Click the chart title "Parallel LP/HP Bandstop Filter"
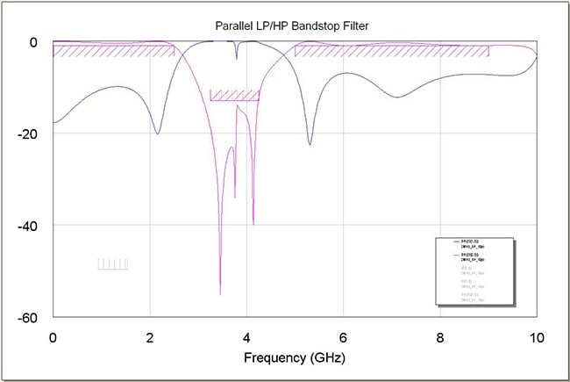click(x=294, y=25)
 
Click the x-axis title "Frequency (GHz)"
click(x=294, y=357)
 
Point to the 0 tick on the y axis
click(x=32, y=42)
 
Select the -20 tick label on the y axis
click(x=28, y=133)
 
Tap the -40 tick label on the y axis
click(x=28, y=225)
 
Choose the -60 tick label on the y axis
click(x=28, y=316)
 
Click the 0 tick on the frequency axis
click(x=53, y=336)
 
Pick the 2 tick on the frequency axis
click(x=150, y=336)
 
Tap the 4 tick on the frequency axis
click(x=246, y=336)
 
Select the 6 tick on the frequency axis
click(x=344, y=336)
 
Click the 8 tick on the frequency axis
click(x=440, y=336)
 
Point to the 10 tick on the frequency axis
click(x=537, y=336)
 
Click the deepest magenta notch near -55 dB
click(x=220, y=293)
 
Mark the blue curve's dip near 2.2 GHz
click(x=158, y=133)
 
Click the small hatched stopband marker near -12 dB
click(x=234, y=95)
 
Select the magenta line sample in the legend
click(x=456, y=256)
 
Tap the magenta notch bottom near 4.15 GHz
click(x=253, y=224)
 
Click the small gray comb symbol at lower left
click(x=113, y=263)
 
